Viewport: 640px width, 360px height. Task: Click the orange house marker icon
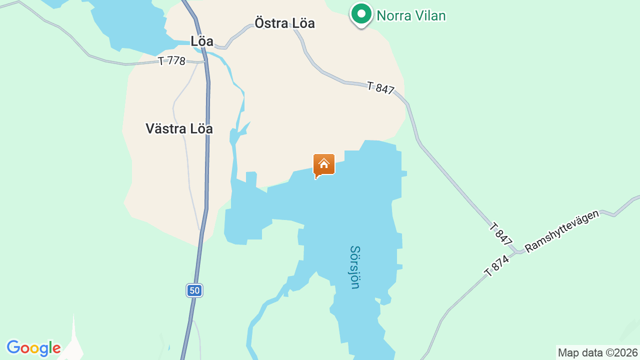[323, 164]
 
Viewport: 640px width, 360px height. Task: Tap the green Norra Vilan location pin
[361, 13]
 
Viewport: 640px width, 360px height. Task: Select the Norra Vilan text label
[411, 15]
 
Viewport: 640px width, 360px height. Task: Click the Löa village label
[202, 41]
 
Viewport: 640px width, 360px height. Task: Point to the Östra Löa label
[284, 23]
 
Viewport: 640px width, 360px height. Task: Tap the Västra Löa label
[179, 128]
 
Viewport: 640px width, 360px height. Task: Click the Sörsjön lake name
[355, 267]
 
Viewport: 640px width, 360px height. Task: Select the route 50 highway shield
[194, 290]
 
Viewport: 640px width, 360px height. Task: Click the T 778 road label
[171, 61]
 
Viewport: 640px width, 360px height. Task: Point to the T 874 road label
[496, 266]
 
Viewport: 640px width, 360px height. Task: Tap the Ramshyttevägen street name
[561, 231]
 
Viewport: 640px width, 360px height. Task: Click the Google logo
[33, 348]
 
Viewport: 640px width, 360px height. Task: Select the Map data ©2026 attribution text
[598, 352]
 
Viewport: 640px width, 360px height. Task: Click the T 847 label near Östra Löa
[380, 88]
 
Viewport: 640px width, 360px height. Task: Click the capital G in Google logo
[13, 347]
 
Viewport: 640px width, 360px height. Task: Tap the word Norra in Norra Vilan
[393, 15]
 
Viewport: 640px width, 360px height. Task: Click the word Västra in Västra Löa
[166, 128]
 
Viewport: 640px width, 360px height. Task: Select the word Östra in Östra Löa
[270, 23]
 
